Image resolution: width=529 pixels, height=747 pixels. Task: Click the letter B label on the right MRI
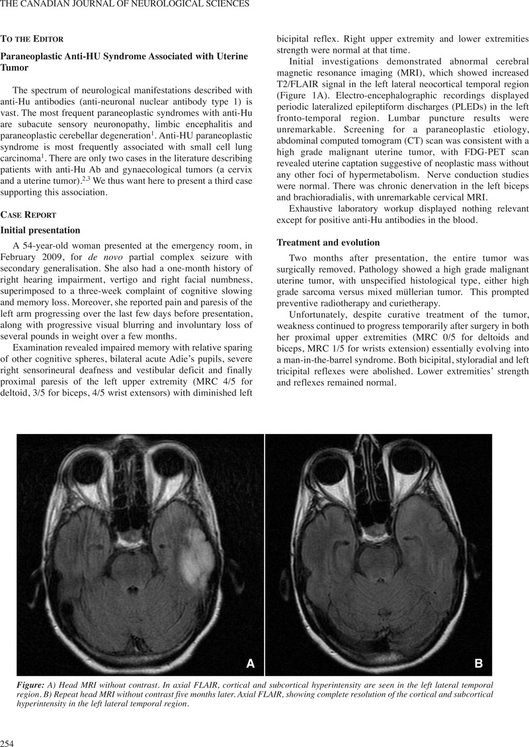click(479, 662)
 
